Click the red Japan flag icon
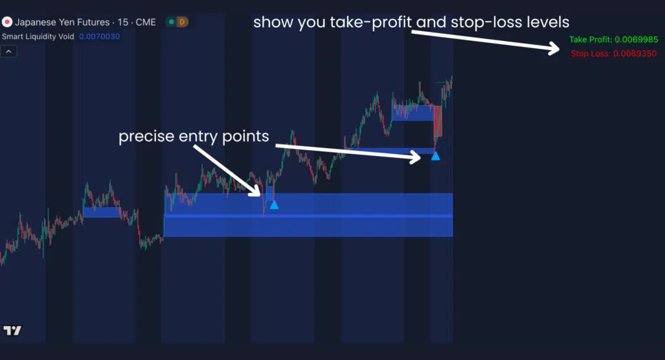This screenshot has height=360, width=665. (x=6, y=22)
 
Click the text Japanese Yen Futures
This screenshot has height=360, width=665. (x=62, y=22)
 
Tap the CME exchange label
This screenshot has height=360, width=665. (x=145, y=22)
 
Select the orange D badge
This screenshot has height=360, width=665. (x=182, y=22)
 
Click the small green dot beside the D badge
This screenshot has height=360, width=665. (x=171, y=22)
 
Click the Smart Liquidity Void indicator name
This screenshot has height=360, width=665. (x=38, y=36)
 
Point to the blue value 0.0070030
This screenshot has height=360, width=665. (x=99, y=36)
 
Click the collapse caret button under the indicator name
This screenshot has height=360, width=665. (x=8, y=52)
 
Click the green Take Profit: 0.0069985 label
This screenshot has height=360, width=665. (x=613, y=40)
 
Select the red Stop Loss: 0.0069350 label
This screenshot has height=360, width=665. (x=613, y=53)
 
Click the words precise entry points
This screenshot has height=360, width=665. (x=194, y=136)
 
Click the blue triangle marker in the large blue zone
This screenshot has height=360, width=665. (x=274, y=205)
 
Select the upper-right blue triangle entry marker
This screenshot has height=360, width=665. (x=435, y=156)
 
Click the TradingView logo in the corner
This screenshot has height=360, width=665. (x=12, y=330)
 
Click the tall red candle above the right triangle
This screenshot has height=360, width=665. (x=438, y=121)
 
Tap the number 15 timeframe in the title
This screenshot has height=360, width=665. (x=123, y=22)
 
